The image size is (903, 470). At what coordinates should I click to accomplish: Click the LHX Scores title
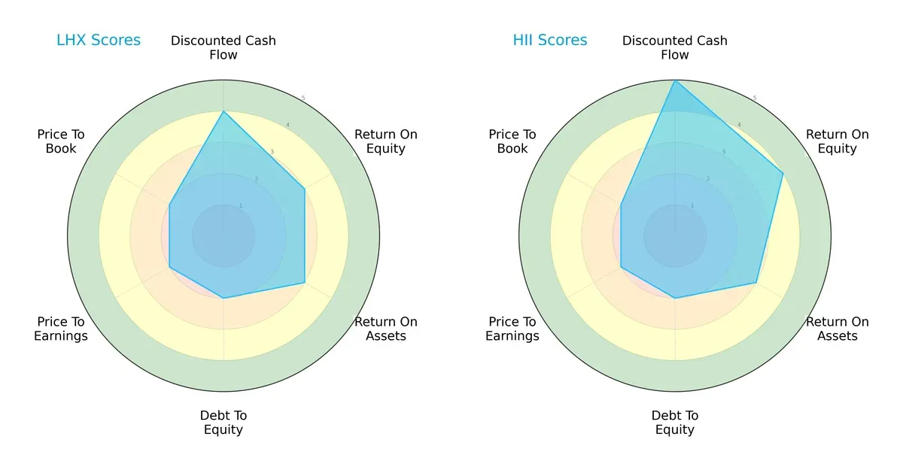coord(99,40)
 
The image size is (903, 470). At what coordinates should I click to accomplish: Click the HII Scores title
coord(550,40)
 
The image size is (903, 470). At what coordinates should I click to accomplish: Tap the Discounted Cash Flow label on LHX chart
coord(223,47)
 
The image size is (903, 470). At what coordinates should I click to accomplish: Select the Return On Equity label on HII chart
coord(837,141)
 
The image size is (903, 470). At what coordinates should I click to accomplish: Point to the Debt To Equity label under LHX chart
coord(223,423)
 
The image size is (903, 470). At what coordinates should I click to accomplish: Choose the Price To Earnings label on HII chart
coord(512,329)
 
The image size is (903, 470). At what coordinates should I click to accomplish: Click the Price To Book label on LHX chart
coord(61,141)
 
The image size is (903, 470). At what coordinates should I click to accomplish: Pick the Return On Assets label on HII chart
coord(837,329)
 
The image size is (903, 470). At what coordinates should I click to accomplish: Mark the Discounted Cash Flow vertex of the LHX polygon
coord(223,111)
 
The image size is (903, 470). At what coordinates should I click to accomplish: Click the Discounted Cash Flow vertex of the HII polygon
coord(675,80)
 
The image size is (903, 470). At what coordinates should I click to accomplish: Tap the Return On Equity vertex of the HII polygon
coord(783,173)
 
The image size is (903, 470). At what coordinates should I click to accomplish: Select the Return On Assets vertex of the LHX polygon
coord(304,283)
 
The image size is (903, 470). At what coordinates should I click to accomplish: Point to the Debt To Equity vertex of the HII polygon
coord(675,298)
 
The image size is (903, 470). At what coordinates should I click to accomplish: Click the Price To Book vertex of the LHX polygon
coord(169,204)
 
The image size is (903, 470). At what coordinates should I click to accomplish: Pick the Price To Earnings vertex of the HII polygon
coord(621,267)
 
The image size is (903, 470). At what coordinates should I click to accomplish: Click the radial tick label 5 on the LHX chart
coord(303,99)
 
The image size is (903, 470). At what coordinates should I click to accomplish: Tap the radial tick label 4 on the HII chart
coord(739,125)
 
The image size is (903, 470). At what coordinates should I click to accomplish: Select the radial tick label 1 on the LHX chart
coord(241,205)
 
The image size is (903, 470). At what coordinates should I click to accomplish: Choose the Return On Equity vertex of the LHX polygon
coord(304,189)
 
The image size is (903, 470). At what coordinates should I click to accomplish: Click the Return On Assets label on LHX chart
coord(385,329)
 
